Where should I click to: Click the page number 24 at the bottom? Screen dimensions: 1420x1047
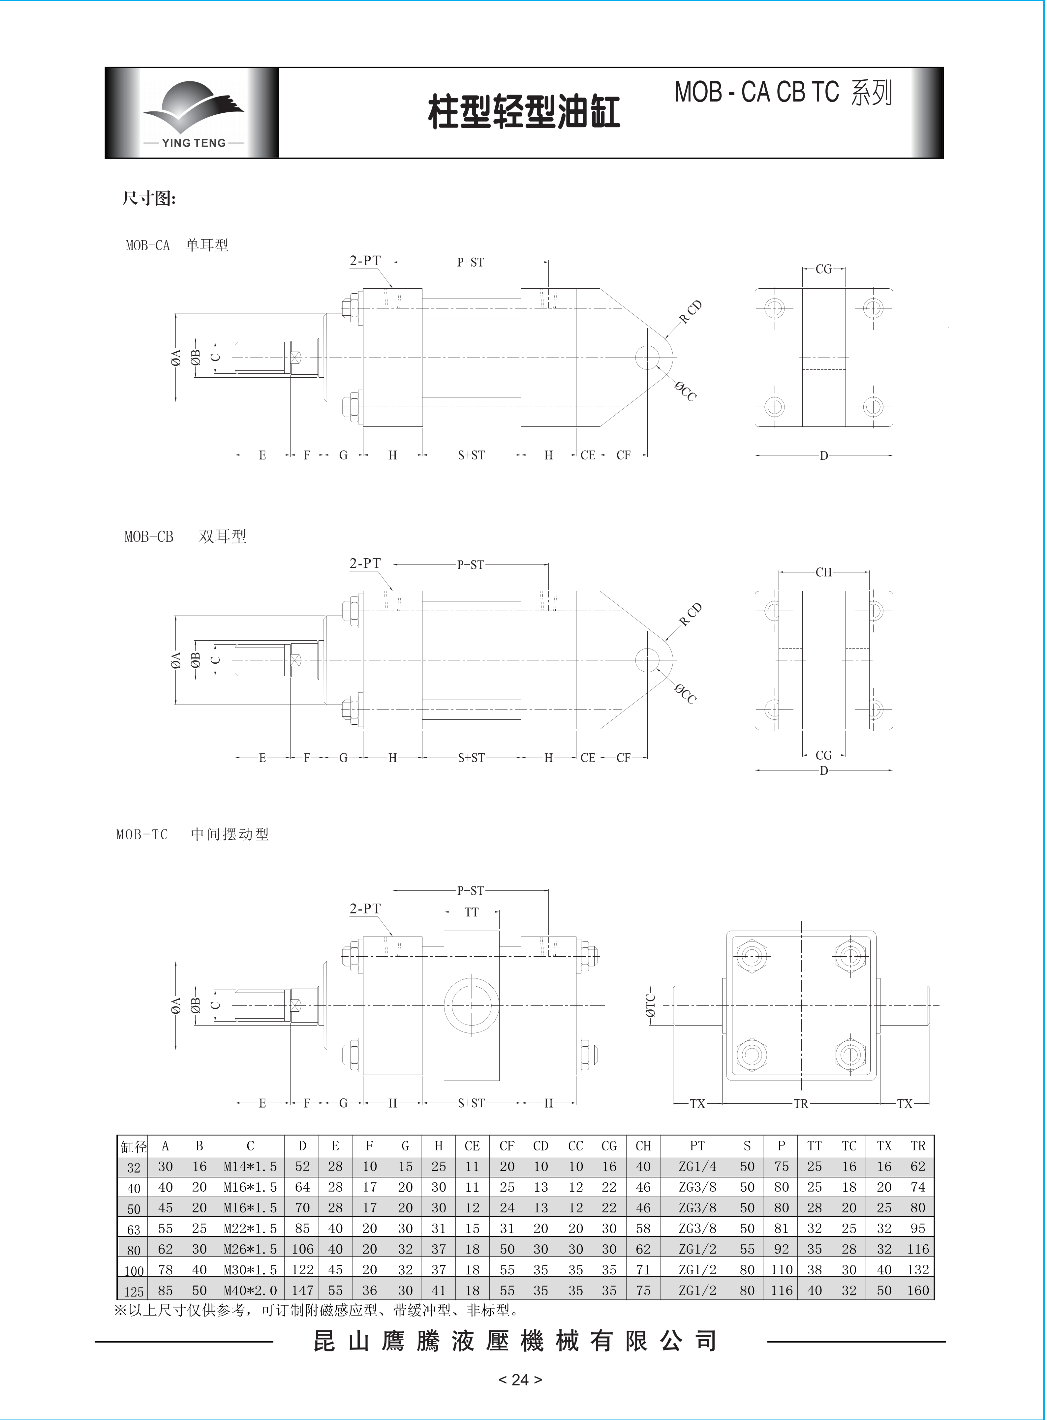click(520, 1379)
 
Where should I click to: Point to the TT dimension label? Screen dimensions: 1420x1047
click(472, 912)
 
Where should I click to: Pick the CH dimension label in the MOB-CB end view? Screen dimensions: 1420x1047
click(823, 572)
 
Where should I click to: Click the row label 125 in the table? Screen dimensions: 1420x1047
click(133, 1291)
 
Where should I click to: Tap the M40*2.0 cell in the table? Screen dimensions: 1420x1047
click(250, 1290)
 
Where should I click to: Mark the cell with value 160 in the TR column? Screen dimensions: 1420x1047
click(918, 1290)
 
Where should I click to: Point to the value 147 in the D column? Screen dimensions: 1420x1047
click(302, 1290)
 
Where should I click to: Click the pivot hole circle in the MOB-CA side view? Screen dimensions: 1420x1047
click(646, 358)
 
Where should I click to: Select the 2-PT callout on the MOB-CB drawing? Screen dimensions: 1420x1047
click(365, 563)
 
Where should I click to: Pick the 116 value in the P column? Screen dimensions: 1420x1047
click(782, 1290)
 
